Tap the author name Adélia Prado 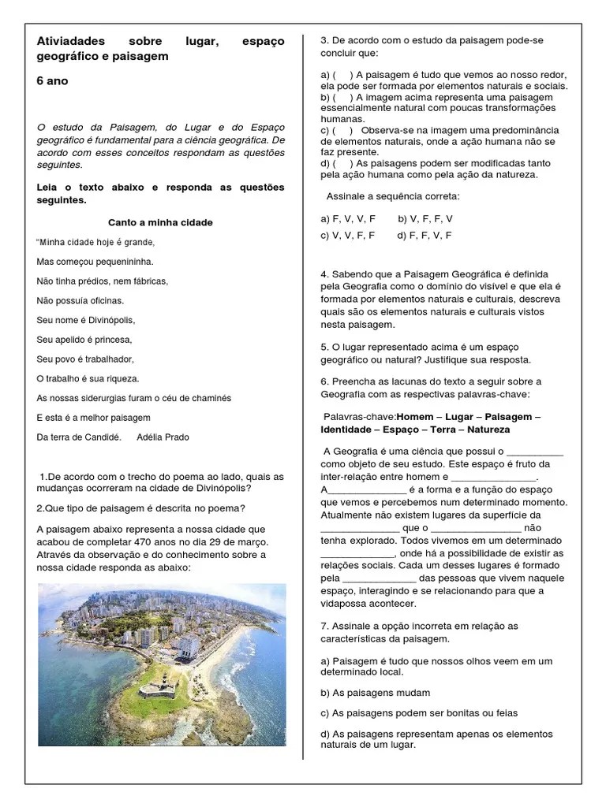(x=163, y=437)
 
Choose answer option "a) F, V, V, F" (x=348, y=218)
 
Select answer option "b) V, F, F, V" (x=425, y=218)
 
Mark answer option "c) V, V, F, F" (x=348, y=235)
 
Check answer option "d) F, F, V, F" (x=425, y=235)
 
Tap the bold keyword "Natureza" (x=488, y=430)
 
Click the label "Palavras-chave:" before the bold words (x=360, y=415)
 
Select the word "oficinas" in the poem (x=107, y=300)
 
